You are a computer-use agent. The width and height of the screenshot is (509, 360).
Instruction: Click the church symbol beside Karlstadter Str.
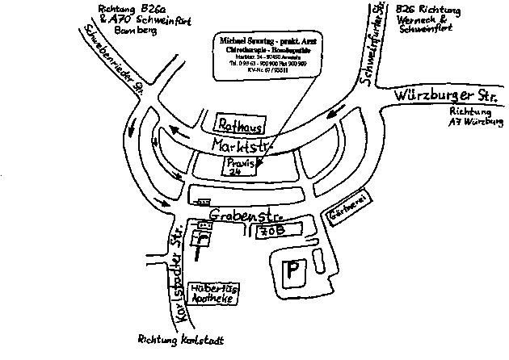pos(200,238)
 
